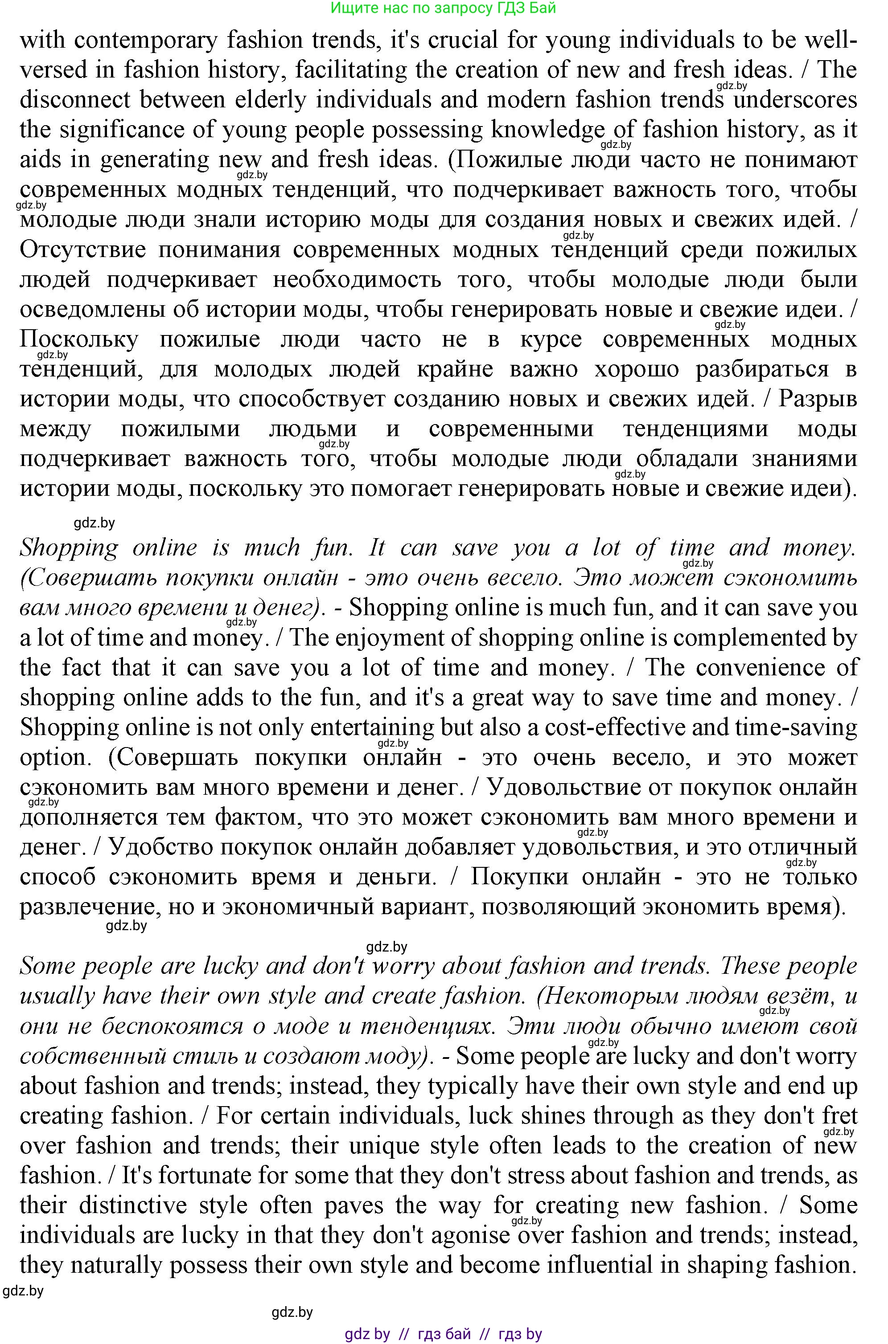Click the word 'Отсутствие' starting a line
pos(82,249)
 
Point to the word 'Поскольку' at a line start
pos(79,339)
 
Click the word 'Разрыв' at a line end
pos(817,399)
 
